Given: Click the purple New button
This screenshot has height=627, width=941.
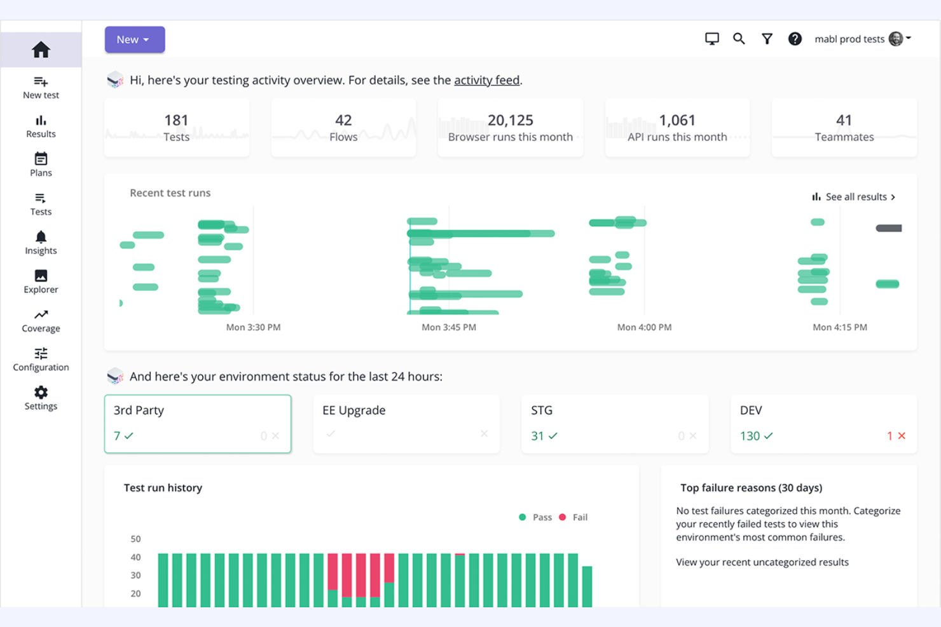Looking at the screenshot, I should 134,39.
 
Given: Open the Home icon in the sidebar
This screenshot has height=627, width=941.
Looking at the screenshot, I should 41,50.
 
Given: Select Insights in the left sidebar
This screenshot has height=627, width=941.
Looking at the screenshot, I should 41,243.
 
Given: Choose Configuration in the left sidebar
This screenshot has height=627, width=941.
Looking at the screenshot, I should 41,360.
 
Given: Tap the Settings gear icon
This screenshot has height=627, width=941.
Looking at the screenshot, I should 41,393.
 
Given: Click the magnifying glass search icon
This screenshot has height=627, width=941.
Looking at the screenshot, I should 739,39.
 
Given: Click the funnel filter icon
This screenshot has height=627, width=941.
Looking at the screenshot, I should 767,39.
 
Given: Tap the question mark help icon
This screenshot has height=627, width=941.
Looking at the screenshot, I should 795,39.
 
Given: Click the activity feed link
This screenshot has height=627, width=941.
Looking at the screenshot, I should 486,80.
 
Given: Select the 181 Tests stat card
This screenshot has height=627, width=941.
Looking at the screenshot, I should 177,128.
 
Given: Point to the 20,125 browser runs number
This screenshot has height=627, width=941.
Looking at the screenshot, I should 510,120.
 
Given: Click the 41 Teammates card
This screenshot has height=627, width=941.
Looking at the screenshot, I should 844,128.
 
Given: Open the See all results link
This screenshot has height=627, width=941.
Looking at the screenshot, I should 855,197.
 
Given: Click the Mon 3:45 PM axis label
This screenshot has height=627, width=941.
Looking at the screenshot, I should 449,327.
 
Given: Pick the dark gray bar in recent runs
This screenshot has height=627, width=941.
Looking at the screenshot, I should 888,228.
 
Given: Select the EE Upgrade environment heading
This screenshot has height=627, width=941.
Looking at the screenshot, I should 354,410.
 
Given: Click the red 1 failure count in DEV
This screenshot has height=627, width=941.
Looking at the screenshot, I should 890,436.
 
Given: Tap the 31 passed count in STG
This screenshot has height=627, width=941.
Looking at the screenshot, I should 538,436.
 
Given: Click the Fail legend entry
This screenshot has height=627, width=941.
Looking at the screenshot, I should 579,517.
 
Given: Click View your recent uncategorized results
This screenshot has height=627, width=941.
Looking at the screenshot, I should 762,562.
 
